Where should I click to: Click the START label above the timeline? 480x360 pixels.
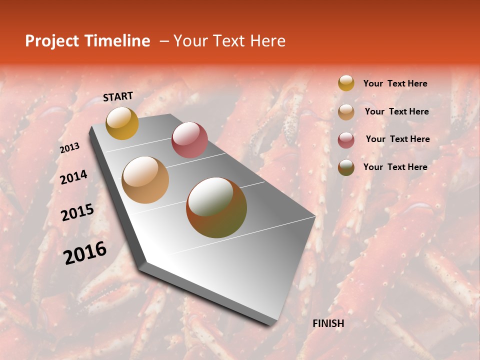coord(118,96)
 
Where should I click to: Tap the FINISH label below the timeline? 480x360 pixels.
coord(328,323)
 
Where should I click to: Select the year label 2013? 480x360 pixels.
coord(70,148)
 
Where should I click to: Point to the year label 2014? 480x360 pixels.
coord(73,177)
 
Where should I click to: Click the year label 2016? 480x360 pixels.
coord(85,252)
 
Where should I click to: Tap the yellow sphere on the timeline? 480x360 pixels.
coord(122,123)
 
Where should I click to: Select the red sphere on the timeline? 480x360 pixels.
coord(189,140)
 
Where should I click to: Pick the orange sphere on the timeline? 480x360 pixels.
coord(145,180)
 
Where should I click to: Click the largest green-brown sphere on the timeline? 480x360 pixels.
coord(216,207)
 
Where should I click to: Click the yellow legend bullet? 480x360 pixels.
coord(346,83)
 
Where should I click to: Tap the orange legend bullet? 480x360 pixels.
coord(346,112)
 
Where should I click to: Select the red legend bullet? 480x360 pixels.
coord(346,140)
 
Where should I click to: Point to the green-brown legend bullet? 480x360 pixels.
coord(346,167)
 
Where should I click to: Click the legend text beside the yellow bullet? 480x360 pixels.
coord(395,83)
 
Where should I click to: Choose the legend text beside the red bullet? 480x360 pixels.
coord(397,139)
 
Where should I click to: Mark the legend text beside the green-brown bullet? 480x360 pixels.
coord(395,167)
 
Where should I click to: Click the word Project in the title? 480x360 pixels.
coord(52,41)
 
